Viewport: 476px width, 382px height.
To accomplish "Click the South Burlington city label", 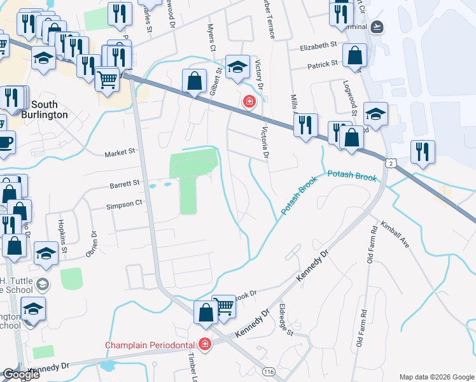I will coord(44,110).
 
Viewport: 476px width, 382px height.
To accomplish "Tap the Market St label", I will coord(120,152).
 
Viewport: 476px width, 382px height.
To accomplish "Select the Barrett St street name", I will coord(124,183).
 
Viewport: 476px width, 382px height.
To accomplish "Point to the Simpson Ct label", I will coord(124,204).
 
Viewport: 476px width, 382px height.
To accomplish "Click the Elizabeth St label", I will coord(318,46).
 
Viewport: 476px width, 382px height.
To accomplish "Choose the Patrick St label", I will coord(323,64).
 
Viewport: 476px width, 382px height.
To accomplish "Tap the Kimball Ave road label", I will coord(396,235).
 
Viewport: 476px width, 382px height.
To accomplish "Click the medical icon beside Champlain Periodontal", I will coord(205,345).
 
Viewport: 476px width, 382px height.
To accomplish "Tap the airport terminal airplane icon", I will coord(377,27).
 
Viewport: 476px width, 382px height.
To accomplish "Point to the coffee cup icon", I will coord(4,142).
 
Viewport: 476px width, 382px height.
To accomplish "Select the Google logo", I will coord(21,374).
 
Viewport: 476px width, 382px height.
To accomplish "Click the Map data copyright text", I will coord(437,377).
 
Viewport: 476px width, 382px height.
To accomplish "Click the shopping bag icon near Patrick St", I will coord(354,56).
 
